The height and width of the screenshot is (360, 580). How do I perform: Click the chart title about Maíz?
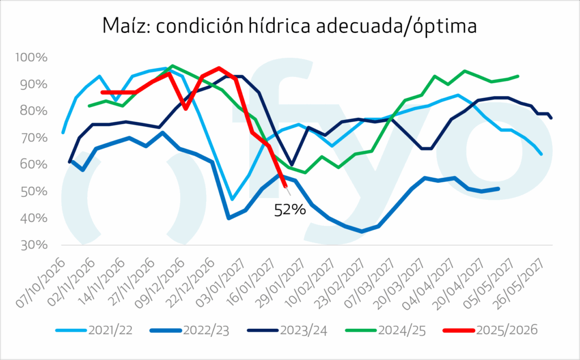(x=290, y=26)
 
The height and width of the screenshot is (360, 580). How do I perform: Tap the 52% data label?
(x=290, y=211)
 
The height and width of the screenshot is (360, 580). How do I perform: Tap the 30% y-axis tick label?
(x=35, y=245)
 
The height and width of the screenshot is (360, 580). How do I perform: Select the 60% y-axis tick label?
(x=35, y=165)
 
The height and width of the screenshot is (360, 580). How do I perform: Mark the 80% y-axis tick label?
(x=35, y=112)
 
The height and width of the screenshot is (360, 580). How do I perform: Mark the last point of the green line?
(x=518, y=76)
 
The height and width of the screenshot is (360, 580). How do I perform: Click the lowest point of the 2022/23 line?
(x=362, y=232)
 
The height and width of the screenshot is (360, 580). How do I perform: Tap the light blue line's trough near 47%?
(x=233, y=200)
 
